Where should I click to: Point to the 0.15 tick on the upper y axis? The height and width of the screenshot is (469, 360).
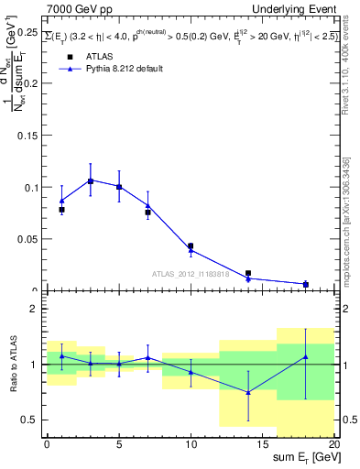pos(27,136)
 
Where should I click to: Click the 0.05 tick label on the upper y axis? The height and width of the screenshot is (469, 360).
pos(27,239)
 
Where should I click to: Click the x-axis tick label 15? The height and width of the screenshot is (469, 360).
pos(263,444)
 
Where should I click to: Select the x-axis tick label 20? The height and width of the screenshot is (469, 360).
pos(333,444)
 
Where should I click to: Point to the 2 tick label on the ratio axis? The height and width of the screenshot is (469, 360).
pos(35,309)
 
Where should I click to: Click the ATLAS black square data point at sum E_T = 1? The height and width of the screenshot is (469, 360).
pos(61,210)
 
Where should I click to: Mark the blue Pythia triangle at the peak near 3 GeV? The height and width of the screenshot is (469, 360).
pos(90,180)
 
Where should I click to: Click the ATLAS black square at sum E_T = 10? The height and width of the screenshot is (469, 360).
pos(191,245)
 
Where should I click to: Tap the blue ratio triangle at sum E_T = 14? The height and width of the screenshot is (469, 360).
pos(247,392)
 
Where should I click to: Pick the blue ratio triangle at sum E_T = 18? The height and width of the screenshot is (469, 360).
pos(305,356)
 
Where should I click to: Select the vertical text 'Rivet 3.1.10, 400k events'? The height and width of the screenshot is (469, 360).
pos(348,64)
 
